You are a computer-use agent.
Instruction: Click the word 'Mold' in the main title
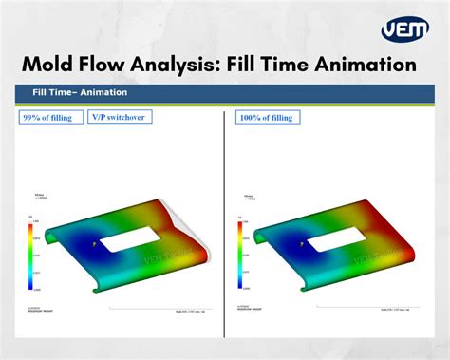[x=53, y=66]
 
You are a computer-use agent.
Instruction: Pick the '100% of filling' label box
[x=268, y=118]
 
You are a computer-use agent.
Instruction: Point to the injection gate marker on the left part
[x=94, y=244]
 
